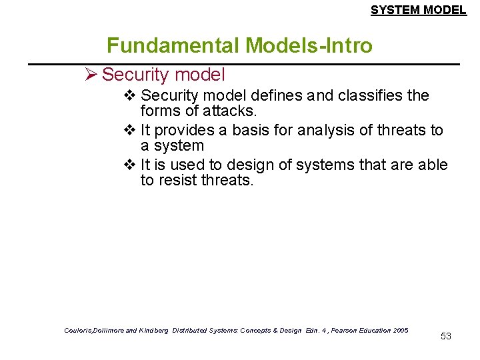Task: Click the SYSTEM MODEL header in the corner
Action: [x=418, y=10]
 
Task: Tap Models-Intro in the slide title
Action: [x=309, y=45]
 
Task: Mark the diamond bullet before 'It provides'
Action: [x=130, y=130]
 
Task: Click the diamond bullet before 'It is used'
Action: [x=130, y=165]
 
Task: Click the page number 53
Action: [x=446, y=336]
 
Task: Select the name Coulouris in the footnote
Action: [x=80, y=330]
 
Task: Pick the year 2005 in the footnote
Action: [x=401, y=330]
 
